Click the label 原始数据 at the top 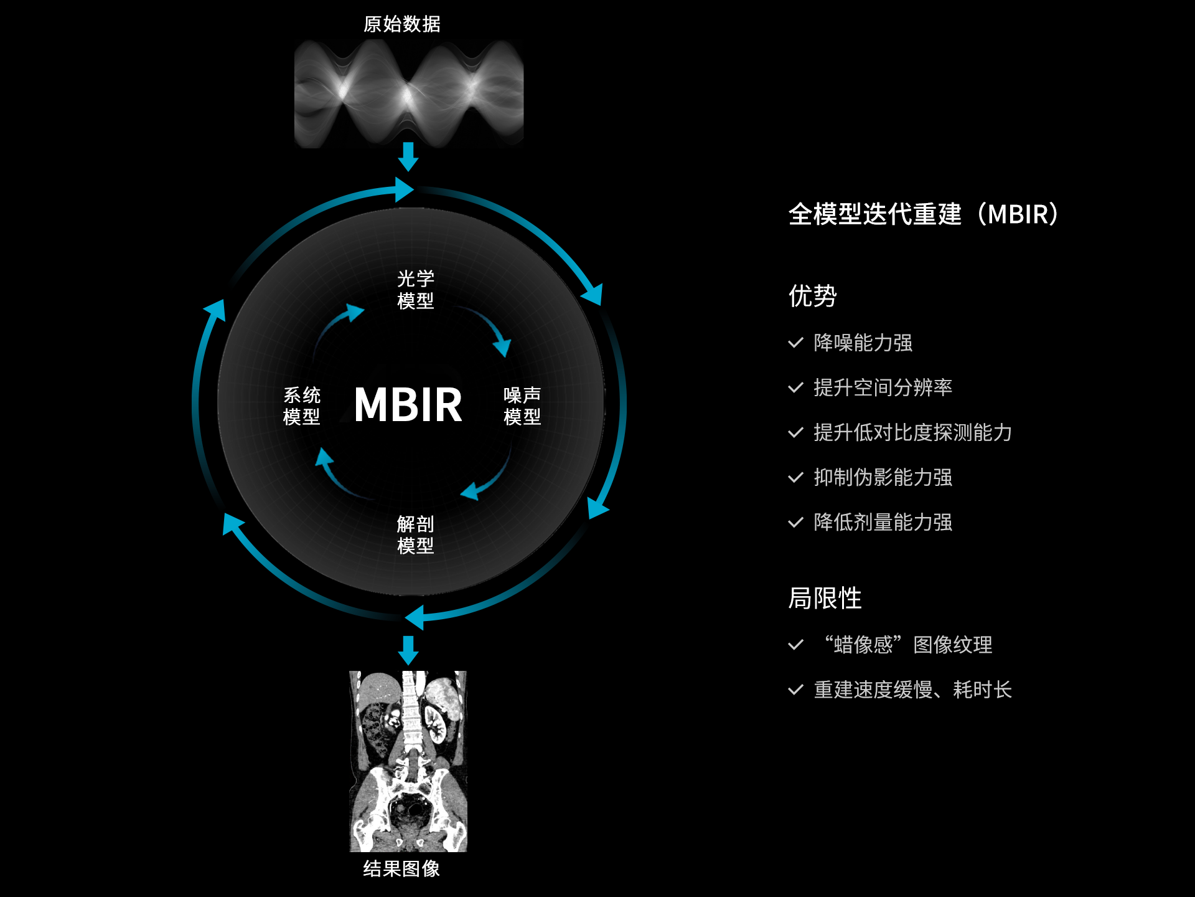pyautogui.click(x=402, y=24)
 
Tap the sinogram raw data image pyautogui.click(x=408, y=93)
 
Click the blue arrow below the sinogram pyautogui.click(x=408, y=156)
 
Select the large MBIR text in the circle pyautogui.click(x=408, y=405)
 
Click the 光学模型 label pyautogui.click(x=415, y=290)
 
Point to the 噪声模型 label pyautogui.click(x=522, y=406)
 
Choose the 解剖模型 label pyautogui.click(x=415, y=534)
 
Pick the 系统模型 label pyautogui.click(x=302, y=406)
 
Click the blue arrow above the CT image pyautogui.click(x=408, y=650)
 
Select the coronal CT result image pyautogui.click(x=408, y=761)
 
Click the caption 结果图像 pyautogui.click(x=402, y=869)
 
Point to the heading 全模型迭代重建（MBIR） pyautogui.click(x=924, y=214)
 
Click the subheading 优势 pyautogui.click(x=813, y=296)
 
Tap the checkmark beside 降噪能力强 pyautogui.click(x=795, y=343)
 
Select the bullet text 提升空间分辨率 pyautogui.click(x=883, y=387)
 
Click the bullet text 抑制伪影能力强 pyautogui.click(x=883, y=477)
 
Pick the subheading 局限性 pyautogui.click(x=825, y=599)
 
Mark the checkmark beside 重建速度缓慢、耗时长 pyautogui.click(x=795, y=690)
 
